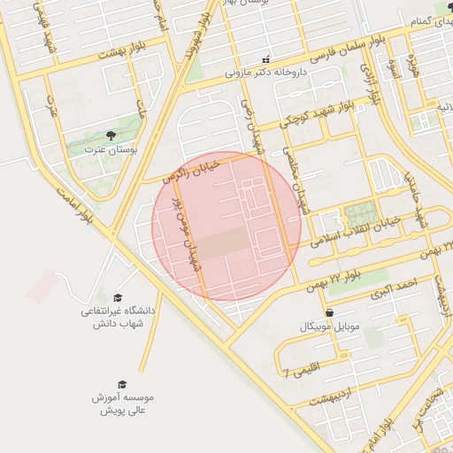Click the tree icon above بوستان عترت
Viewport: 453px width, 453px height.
110,135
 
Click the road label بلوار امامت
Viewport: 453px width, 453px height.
74,202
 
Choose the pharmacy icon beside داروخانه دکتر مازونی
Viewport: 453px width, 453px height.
265,60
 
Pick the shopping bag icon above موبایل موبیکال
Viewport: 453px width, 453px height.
329,312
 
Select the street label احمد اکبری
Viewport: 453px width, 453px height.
394,286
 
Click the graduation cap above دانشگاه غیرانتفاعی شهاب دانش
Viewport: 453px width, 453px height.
118,298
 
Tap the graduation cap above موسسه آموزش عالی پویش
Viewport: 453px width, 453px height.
122,385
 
